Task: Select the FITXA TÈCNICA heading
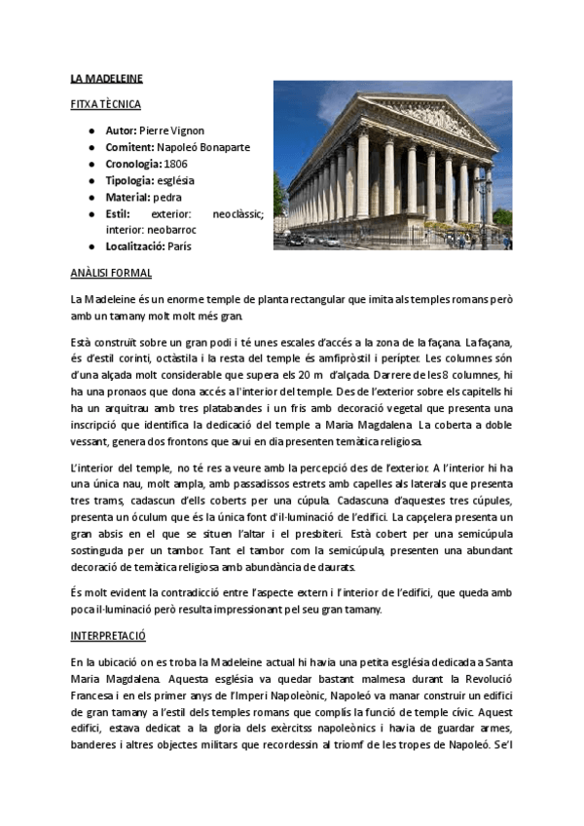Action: click(106, 103)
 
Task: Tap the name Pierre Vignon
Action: click(172, 131)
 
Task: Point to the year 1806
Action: click(176, 164)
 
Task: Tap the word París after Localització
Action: click(178, 246)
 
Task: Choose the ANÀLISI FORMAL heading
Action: click(111, 274)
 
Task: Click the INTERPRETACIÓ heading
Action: click(107, 634)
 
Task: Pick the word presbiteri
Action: click(308, 534)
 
